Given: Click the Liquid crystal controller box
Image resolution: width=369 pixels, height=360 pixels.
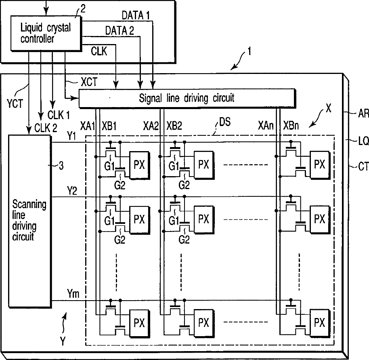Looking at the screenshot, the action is [x=46, y=33].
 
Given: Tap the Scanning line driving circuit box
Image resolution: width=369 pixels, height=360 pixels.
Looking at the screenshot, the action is [x=30, y=221].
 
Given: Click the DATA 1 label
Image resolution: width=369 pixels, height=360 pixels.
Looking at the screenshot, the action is [x=136, y=15].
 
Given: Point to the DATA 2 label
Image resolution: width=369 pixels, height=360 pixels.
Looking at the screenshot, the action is [x=120, y=31].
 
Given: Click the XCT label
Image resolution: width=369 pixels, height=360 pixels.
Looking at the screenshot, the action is [x=89, y=82].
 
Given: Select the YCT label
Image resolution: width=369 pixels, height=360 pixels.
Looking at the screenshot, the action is [x=15, y=103].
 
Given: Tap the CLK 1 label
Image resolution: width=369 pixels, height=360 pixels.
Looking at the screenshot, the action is [x=59, y=115].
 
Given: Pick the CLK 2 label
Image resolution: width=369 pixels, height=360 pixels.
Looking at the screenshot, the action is [x=46, y=128].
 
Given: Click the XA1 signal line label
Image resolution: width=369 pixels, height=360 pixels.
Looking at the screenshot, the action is [x=87, y=126].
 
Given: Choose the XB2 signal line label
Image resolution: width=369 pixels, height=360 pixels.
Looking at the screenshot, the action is [x=174, y=126].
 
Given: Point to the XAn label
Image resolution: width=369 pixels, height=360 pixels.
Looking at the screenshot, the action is [x=266, y=126].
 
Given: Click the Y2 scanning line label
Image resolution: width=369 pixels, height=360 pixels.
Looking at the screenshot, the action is [x=72, y=190].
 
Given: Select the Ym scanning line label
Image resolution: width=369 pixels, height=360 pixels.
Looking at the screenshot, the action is [x=73, y=294].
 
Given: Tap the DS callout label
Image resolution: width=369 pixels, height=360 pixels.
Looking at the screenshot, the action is [x=225, y=122].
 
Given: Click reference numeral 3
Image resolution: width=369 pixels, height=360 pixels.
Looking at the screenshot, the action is [x=61, y=166].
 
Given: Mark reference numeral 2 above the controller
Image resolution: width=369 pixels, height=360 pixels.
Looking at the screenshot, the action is [x=83, y=9].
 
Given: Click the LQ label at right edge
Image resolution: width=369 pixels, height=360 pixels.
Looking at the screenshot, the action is [x=364, y=141].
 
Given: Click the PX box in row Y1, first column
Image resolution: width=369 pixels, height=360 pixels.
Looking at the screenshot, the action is [x=140, y=165].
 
